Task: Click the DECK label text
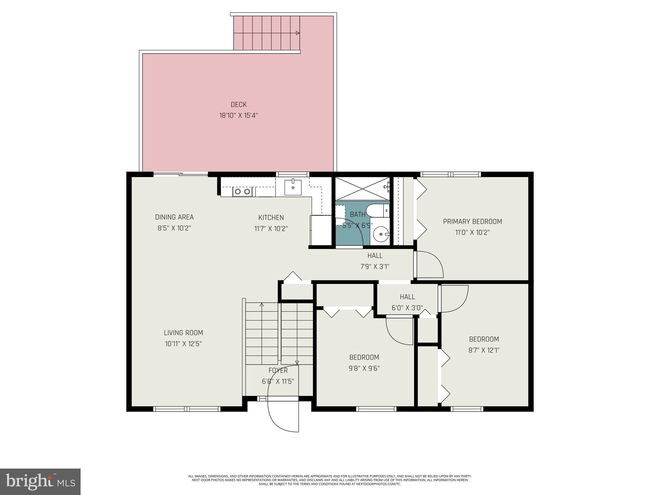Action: [238, 104]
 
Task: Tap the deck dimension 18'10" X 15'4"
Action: [238, 115]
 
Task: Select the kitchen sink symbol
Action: [293, 188]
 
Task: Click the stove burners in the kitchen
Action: [242, 192]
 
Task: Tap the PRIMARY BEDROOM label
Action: [472, 221]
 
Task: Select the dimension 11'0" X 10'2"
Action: [472, 232]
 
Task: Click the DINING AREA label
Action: [174, 217]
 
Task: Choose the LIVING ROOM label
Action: [183, 333]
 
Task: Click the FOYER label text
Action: [278, 371]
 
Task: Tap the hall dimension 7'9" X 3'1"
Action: [375, 267]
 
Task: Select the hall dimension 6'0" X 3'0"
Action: [407, 308]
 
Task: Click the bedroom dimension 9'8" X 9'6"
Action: [364, 368]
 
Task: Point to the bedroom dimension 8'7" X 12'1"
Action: [484, 350]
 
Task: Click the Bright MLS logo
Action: [40, 481]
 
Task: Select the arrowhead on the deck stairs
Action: [297, 33]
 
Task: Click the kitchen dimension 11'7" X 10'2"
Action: [271, 228]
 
